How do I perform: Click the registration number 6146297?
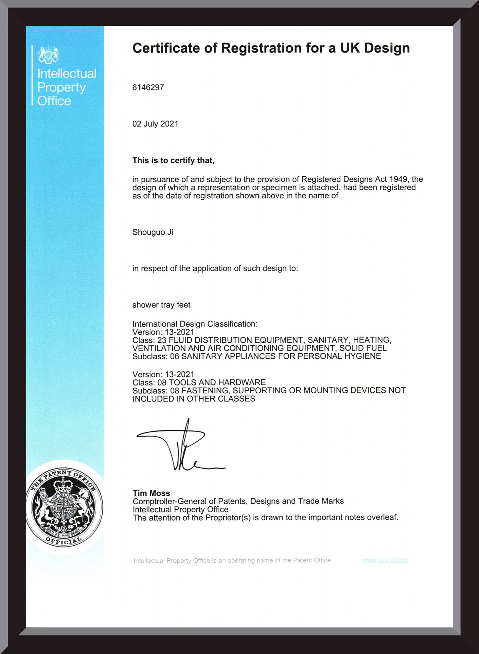pos(148,87)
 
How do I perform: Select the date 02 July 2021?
pos(155,124)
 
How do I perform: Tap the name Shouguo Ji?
pos(153,232)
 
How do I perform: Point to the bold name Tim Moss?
pos(151,493)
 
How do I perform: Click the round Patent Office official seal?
pos(64,507)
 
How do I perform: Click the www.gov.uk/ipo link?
pos(385,560)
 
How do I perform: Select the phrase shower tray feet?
pos(161,305)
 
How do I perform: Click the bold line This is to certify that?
pos(173,160)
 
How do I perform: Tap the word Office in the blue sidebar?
pos(54,101)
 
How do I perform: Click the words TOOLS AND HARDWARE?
pos(217,382)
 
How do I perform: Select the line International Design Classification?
pos(195,324)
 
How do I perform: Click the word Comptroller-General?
pos(169,501)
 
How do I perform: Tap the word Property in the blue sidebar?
pos(61,87)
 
